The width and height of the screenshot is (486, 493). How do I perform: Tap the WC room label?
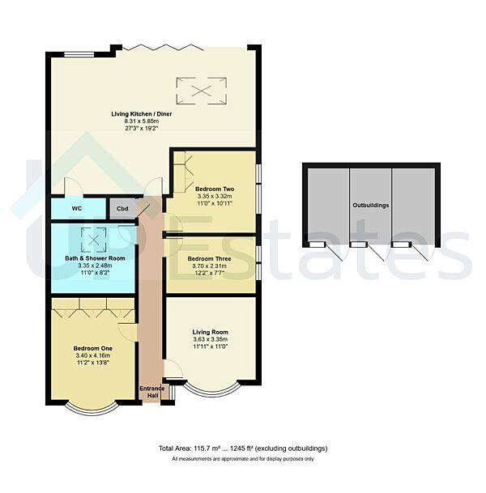point(77,208)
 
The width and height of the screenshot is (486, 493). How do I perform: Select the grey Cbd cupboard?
point(122,208)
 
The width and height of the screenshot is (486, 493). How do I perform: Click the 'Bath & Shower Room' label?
point(96,257)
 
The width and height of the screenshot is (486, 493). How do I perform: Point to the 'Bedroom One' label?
point(92,348)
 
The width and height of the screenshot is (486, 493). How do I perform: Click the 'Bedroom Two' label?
point(214,188)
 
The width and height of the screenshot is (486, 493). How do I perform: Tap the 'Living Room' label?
point(210,332)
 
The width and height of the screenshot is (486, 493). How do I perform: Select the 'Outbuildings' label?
point(370,205)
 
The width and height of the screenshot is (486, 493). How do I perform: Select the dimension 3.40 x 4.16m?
point(92,355)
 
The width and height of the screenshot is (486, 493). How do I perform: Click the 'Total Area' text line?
point(243,448)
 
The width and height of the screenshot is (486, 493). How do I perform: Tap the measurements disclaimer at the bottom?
point(243,459)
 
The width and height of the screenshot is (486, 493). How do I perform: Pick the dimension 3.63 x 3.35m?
point(210,339)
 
